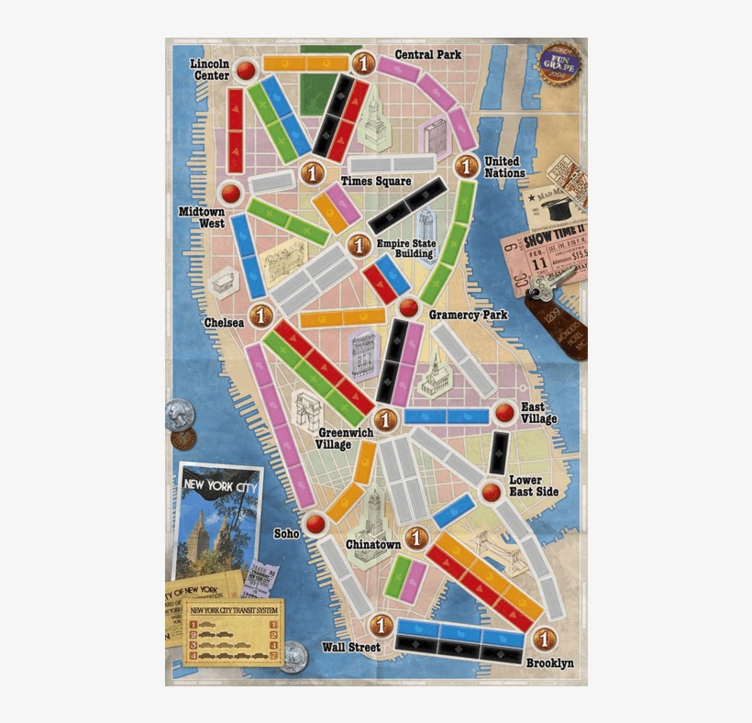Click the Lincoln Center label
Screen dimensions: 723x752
pos(210,69)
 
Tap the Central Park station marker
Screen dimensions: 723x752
pos(363,62)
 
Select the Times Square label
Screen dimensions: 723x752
pos(375,181)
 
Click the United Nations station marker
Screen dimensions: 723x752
pos(467,166)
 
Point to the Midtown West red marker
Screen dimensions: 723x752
pos(230,193)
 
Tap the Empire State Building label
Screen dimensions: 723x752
pos(406,249)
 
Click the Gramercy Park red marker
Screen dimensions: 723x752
pos(408,308)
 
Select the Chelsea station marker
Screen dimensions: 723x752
pos(261,316)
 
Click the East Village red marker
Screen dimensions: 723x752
pos(504,413)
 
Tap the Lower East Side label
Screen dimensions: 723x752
pos(525,486)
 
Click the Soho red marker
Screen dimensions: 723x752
pos(316,524)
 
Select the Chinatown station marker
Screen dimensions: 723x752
pos(417,538)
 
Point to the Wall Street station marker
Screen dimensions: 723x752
pos(382,625)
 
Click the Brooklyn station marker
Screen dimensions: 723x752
pos(545,639)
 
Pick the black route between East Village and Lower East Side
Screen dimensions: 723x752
pos(499,452)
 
